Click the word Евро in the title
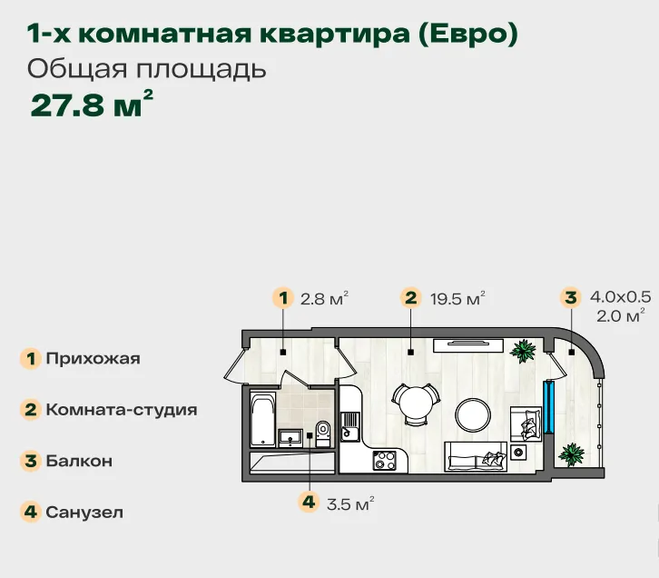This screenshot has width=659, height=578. (x=468, y=34)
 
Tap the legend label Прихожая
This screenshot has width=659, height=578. (x=93, y=358)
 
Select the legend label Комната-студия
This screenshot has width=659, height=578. (x=122, y=409)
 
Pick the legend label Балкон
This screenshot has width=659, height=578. (x=79, y=461)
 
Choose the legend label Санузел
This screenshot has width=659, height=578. (x=84, y=512)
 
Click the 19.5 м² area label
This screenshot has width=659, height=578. (x=457, y=298)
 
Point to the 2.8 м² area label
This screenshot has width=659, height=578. (x=324, y=298)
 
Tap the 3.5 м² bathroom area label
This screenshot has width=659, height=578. (x=350, y=503)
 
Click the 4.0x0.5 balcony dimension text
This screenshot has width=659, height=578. (x=620, y=296)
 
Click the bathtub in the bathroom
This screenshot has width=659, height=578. (x=263, y=419)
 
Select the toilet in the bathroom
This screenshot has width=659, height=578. (x=323, y=433)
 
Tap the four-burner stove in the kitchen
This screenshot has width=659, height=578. (x=385, y=460)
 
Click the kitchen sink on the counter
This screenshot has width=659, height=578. (x=350, y=426)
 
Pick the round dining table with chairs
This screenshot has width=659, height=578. (x=416, y=404)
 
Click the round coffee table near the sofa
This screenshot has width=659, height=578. (x=473, y=414)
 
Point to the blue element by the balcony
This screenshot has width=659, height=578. (x=548, y=407)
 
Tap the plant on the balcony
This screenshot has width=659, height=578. (x=571, y=454)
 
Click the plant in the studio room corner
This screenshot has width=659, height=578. (x=523, y=351)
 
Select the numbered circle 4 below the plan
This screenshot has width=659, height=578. (x=309, y=502)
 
